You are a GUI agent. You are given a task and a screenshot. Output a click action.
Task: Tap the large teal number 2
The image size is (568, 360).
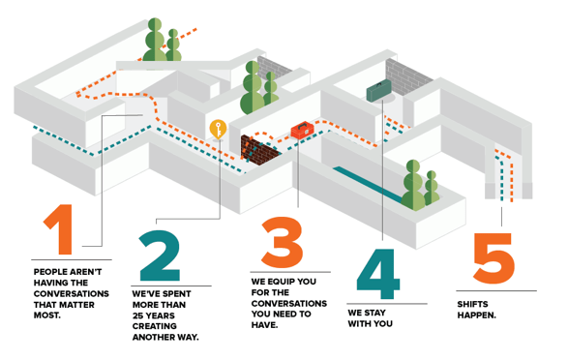pos(160,255)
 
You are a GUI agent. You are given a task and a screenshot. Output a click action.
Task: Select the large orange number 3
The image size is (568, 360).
pos(283,242)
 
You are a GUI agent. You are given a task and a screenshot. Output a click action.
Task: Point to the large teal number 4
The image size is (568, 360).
pos(377,274)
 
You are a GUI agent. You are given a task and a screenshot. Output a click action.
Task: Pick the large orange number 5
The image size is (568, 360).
pos(493,258)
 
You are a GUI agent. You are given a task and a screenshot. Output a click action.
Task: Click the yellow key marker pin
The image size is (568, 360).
pos(218,130)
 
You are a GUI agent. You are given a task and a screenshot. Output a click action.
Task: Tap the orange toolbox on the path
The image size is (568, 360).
pos(302,131)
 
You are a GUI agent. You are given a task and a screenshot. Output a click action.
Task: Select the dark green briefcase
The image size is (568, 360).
pos(379,91)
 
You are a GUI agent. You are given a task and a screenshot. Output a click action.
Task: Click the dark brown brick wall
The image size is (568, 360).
pos(259,150)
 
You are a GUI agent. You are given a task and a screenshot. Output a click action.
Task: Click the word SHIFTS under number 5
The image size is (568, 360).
pos(472,304)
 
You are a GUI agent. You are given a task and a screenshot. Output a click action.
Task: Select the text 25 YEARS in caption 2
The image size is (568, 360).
pos(154,315)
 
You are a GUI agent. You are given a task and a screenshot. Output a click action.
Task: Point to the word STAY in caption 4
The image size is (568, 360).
pos(374,313)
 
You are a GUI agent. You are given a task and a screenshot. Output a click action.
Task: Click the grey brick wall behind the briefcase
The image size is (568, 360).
pos(408,77)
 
